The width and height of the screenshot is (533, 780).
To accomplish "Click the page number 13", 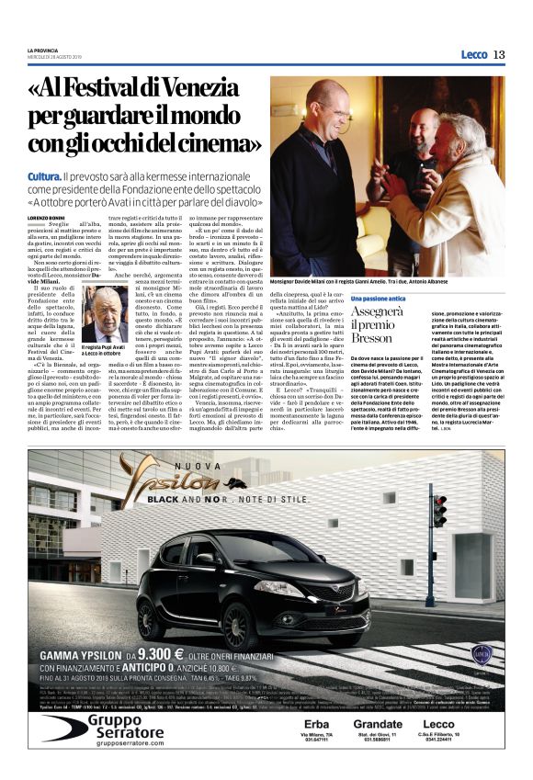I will click(x=499, y=54).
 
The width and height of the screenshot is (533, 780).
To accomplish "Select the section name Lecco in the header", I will click(x=473, y=54).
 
